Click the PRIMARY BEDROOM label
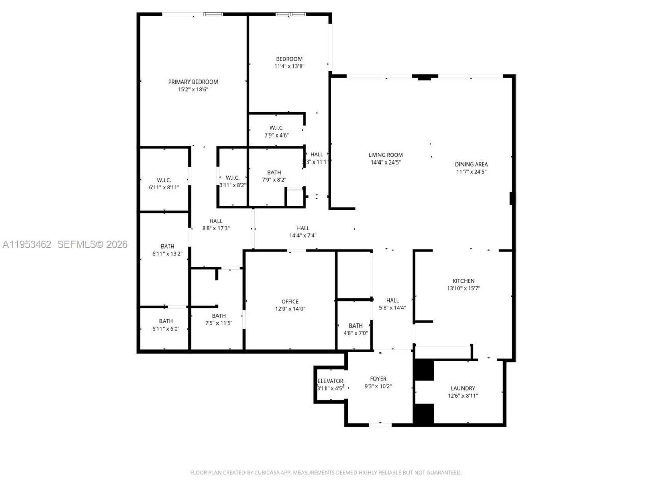pos(193,81)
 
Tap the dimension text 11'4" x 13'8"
pos(289,66)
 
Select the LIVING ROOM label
pos(386,155)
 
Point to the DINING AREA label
pos(471,164)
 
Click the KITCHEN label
pos(463,281)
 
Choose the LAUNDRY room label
pos(463,388)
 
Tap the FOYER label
pos(378,378)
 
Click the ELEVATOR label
pos(331,381)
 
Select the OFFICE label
pos(290,301)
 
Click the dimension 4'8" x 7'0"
pos(356,333)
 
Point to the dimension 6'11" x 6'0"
pos(166,329)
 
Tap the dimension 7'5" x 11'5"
pos(219,323)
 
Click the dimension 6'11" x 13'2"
pos(167,254)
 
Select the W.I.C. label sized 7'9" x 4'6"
pos(277,128)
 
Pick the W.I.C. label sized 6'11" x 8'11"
pos(164,180)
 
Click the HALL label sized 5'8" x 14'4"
pos(392,300)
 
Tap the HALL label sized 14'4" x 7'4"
pos(303,228)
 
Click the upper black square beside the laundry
pos(423,370)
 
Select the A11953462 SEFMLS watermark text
pos(65,244)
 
